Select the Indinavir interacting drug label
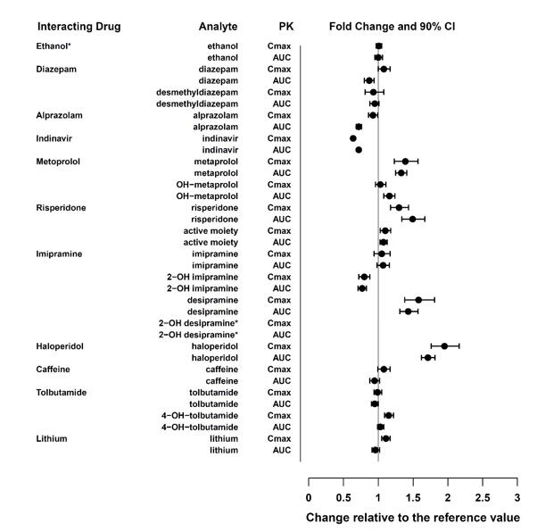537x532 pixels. point(56,137)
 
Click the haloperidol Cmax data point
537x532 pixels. point(444,345)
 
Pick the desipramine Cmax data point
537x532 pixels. point(418,300)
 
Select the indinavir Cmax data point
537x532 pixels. point(353,138)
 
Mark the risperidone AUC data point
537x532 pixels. point(412,219)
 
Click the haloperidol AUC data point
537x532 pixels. point(427,357)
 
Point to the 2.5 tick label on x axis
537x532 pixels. point(483,496)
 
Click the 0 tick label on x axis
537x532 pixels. point(309,496)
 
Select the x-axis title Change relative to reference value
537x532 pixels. point(412,517)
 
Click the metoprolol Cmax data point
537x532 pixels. point(405,161)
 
